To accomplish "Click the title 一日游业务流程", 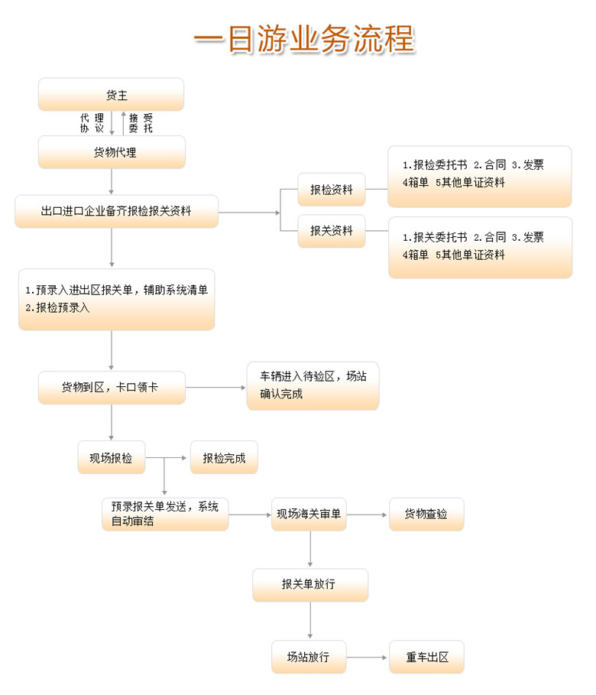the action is [304, 39].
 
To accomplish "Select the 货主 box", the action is [112, 94].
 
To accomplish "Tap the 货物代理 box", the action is [112, 152].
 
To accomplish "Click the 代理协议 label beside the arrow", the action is [92, 123].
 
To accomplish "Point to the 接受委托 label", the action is [141, 123].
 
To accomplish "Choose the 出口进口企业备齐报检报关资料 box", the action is [117, 212].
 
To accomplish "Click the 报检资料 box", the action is [332, 190].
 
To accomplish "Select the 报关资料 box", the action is [332, 231].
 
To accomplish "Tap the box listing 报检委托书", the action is [479, 177].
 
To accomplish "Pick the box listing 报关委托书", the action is [481, 248].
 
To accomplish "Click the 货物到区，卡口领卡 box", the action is [112, 388].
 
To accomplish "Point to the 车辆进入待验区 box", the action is [313, 385].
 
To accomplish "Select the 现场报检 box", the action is [112, 457].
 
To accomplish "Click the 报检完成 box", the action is [224, 457].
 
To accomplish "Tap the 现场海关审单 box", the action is [309, 514].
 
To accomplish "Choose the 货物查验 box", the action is [426, 514].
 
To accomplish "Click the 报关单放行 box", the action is [310, 585].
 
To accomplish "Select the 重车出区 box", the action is [426, 657].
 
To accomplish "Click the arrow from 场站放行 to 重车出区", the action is [367, 658].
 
